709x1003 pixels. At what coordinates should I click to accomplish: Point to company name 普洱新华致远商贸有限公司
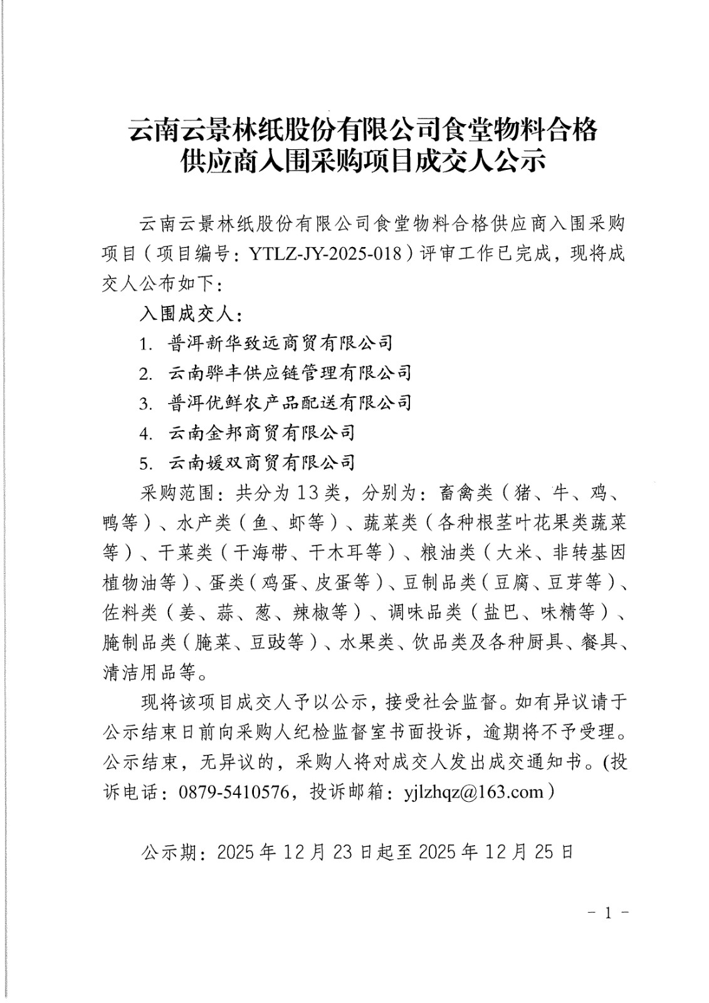tap(280, 343)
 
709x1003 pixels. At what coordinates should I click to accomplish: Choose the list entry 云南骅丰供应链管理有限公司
tap(290, 373)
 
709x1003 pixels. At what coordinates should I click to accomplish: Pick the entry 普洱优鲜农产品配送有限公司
tap(290, 402)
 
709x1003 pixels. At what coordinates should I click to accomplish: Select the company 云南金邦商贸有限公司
tap(261, 433)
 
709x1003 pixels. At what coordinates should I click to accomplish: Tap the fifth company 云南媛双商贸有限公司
tap(261, 463)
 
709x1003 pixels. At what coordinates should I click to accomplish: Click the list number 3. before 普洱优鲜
tap(146, 403)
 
